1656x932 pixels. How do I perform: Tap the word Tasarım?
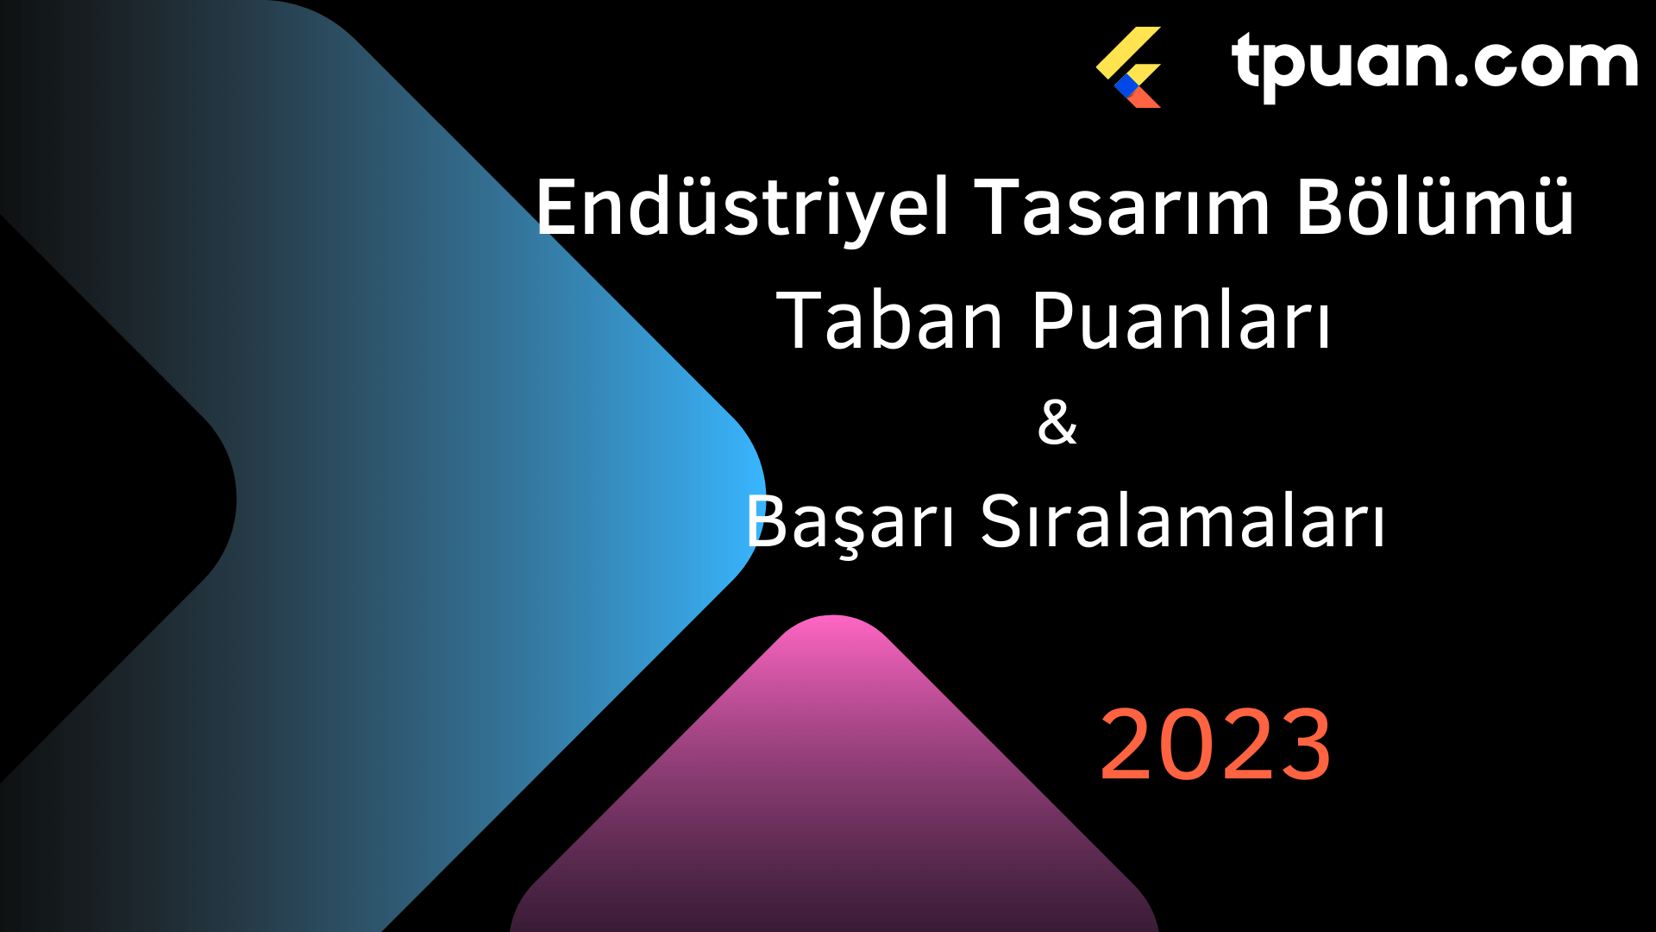(1122, 206)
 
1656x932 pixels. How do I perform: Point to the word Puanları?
(1181, 320)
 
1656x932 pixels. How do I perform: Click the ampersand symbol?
(1057, 422)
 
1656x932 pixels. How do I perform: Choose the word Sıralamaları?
(1182, 520)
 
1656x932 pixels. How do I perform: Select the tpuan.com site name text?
(1435, 63)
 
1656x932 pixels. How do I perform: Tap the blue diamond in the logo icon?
(1126, 85)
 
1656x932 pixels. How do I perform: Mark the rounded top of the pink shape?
(833, 618)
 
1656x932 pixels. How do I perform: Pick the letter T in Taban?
(801, 321)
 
